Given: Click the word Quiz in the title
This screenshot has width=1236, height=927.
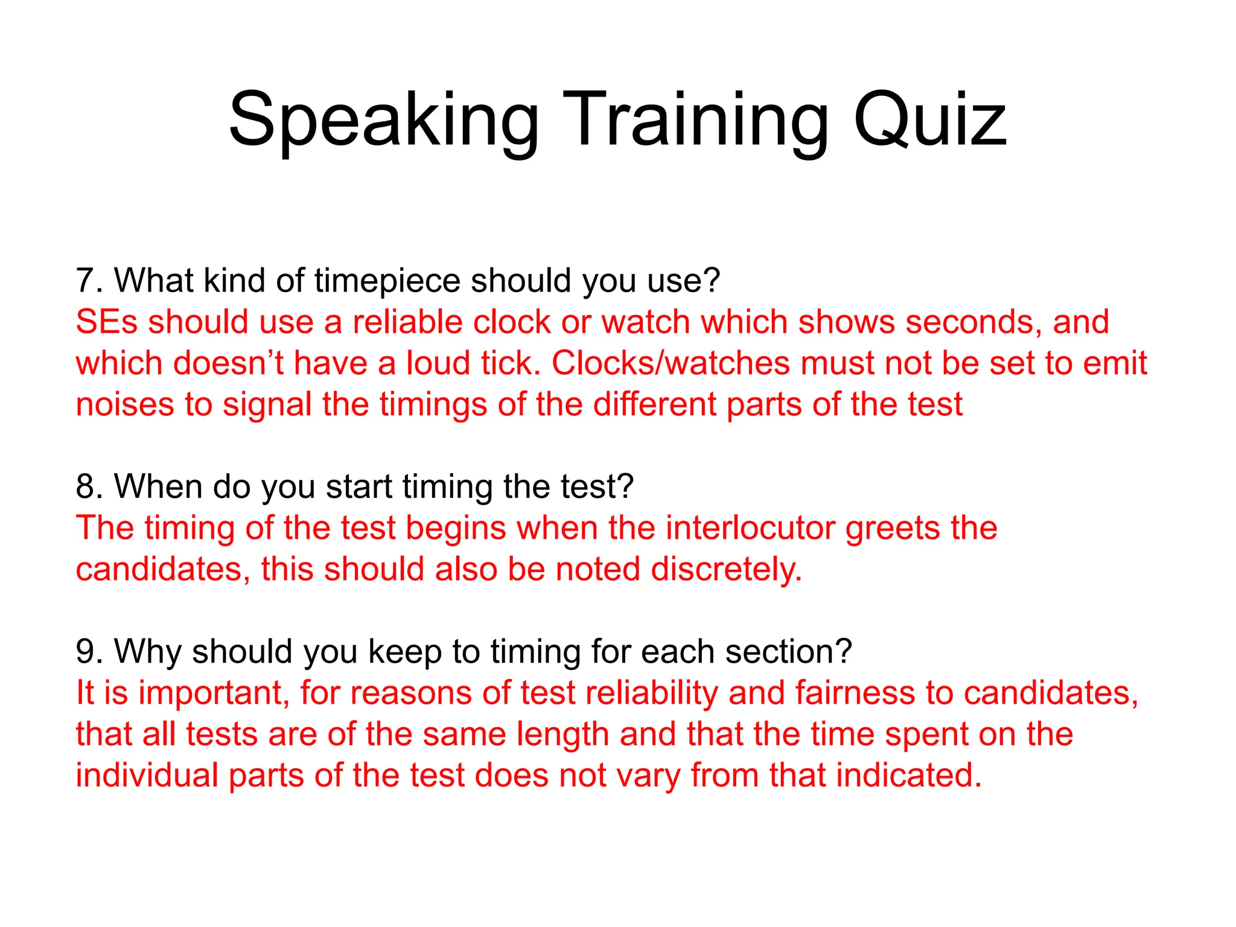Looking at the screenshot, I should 929,121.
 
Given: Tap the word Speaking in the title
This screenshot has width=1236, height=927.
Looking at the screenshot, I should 384,121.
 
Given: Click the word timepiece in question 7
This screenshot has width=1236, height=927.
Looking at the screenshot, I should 387,281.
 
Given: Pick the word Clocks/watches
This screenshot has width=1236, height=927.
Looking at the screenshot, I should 671,363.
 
